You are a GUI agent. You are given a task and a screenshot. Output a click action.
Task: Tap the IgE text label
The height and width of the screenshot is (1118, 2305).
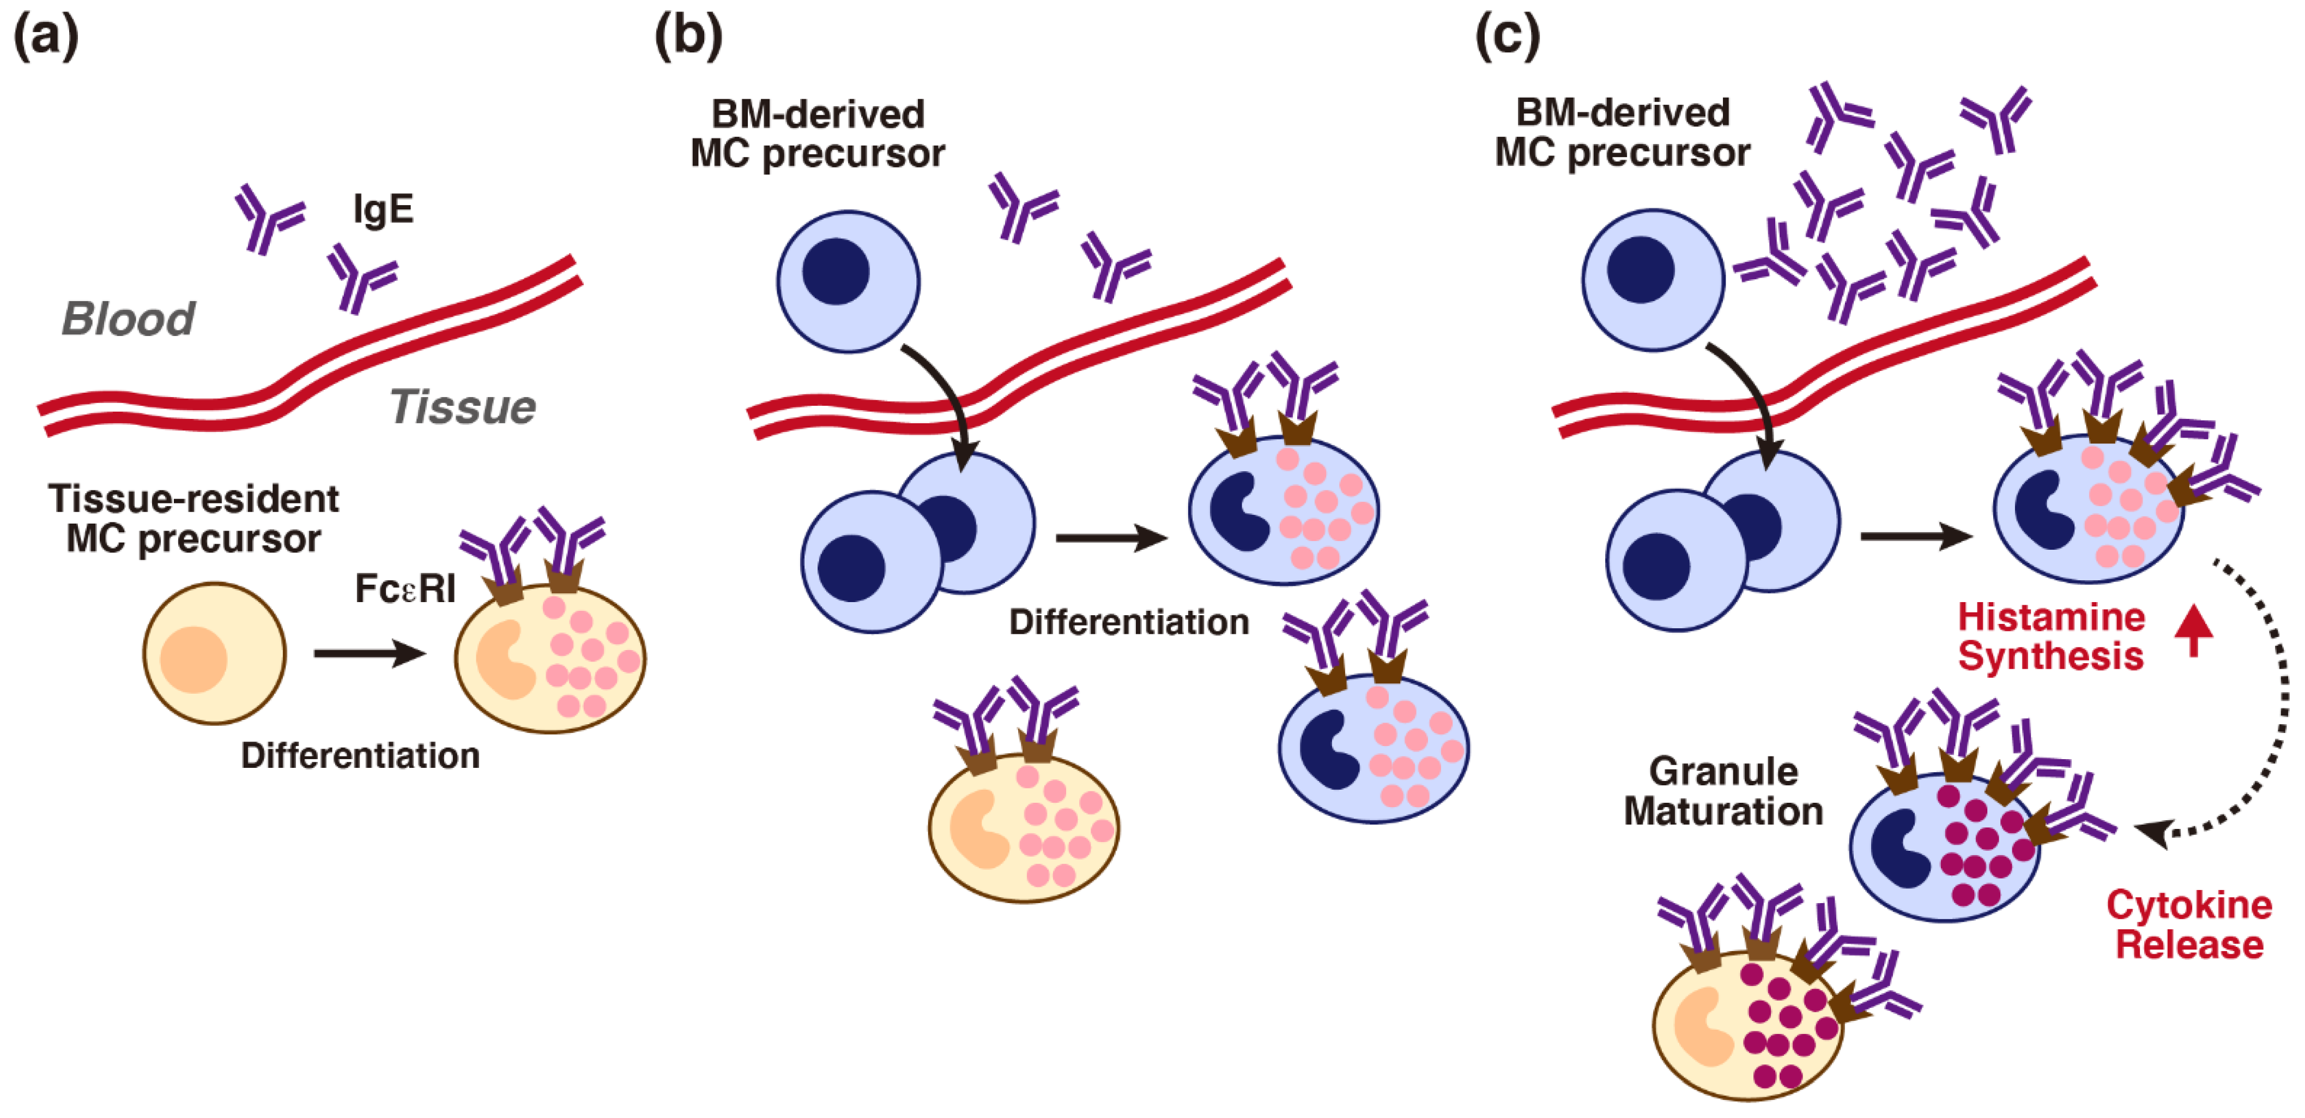[x=383, y=209]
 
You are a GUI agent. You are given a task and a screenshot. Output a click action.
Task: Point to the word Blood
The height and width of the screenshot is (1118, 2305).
[x=128, y=318]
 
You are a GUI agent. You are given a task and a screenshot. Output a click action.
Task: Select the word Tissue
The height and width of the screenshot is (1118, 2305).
[x=462, y=407]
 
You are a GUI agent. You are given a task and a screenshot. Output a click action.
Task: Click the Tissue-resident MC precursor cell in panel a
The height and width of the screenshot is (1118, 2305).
[x=215, y=653]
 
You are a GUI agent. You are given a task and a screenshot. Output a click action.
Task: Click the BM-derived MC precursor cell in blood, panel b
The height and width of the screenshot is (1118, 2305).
[x=848, y=281]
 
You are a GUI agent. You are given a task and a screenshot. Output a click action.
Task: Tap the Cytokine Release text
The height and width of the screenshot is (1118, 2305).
[x=2189, y=924]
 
